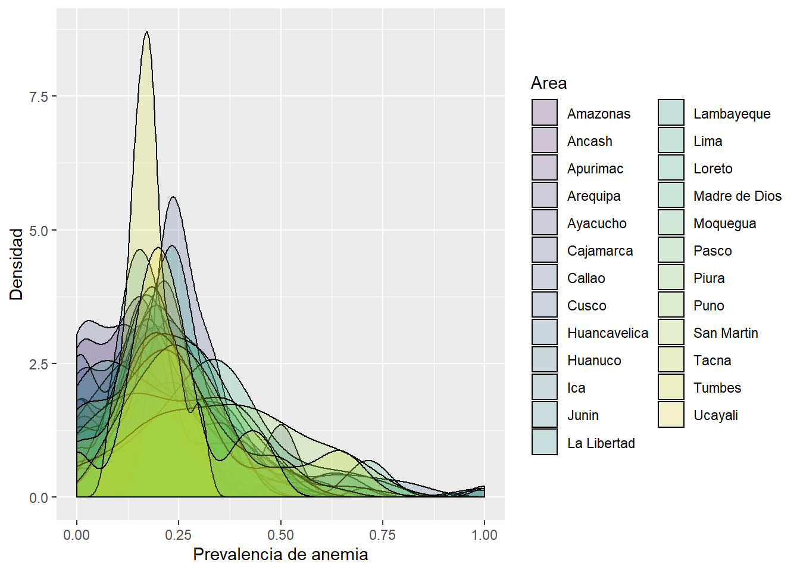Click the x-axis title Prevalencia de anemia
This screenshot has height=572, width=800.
(280, 555)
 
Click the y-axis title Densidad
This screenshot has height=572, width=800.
(16, 264)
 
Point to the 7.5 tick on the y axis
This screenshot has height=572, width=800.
(39, 97)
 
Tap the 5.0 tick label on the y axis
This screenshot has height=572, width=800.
(39, 231)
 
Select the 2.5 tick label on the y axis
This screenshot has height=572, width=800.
(39, 364)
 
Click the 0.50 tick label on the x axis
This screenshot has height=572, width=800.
(280, 535)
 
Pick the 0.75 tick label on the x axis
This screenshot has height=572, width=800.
(382, 535)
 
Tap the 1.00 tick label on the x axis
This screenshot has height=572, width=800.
(484, 535)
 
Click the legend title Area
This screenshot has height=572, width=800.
(549, 83)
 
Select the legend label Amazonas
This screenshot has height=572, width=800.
(598, 114)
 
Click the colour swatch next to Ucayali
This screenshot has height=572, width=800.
(671, 415)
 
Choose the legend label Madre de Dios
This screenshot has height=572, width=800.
(737, 196)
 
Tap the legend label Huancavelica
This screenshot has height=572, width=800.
(607, 333)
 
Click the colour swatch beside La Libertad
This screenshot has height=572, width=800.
(545, 442)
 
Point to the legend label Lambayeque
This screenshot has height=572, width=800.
(732, 114)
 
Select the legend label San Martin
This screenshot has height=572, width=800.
(726, 333)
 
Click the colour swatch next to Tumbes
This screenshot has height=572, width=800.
(671, 387)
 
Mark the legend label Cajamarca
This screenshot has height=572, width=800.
(599, 251)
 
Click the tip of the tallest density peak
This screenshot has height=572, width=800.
(146, 32)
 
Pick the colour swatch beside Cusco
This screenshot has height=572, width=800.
(545, 305)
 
